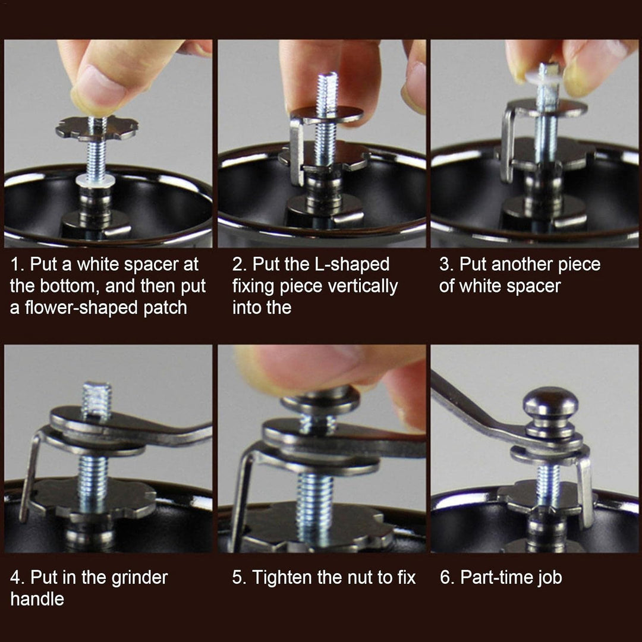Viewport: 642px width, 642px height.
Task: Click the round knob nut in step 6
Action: pos(550,411)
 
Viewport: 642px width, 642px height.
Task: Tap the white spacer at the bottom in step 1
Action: pos(95,180)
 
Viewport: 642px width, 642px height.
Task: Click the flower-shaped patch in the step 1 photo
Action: pos(97,128)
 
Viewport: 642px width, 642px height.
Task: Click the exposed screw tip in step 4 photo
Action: pos(97,399)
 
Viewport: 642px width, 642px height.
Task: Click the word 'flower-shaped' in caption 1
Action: pos(82,307)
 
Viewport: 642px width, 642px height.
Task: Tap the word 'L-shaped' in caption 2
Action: pos(352,264)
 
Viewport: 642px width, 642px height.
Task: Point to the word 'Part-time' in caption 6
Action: pos(495,577)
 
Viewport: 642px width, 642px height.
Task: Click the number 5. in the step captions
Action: pos(239,577)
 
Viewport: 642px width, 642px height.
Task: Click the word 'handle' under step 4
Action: pos(37,599)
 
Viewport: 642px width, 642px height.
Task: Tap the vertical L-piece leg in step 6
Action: pos(586,492)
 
